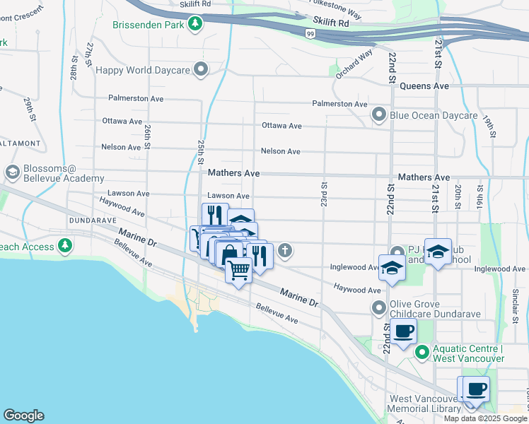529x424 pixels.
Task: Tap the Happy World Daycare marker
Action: click(x=202, y=69)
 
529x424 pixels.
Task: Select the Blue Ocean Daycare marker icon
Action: click(x=378, y=114)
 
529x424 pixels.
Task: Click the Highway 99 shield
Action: click(x=310, y=33)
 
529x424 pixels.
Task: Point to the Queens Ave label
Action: click(x=424, y=86)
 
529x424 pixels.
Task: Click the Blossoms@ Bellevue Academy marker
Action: click(x=12, y=172)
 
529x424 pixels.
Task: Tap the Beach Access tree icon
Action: click(x=65, y=246)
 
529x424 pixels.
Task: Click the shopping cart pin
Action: click(x=239, y=269)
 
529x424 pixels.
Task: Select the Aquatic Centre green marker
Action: click(x=422, y=351)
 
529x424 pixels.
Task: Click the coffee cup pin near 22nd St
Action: click(x=404, y=331)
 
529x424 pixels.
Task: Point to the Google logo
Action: click(x=23, y=416)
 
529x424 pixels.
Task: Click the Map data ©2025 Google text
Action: click(x=485, y=418)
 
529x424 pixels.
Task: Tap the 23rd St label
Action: click(x=324, y=192)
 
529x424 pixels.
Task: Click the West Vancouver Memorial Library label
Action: click(x=422, y=404)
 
